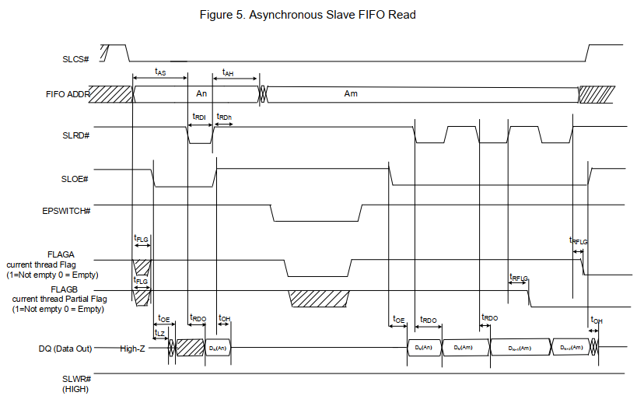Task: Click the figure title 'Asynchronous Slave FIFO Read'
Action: point(318,15)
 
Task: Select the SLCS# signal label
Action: point(75,59)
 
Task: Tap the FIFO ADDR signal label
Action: point(68,94)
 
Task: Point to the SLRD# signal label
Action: point(75,136)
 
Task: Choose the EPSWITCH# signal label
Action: point(67,211)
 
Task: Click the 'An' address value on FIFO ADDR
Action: point(201,93)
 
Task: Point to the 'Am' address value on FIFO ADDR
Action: point(351,93)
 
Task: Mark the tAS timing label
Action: point(160,72)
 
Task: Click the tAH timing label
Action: point(228,72)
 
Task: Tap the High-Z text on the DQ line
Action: point(133,349)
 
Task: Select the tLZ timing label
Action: point(159,332)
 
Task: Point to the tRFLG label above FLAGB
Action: point(518,277)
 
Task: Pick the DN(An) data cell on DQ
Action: point(218,348)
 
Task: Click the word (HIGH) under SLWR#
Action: point(75,388)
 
